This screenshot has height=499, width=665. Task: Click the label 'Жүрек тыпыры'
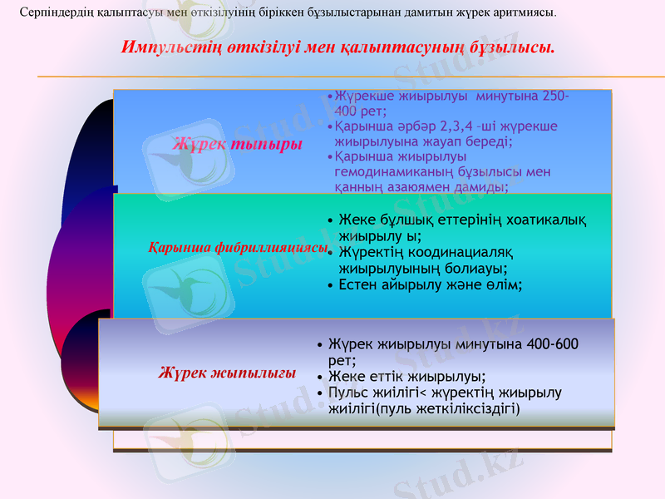236,144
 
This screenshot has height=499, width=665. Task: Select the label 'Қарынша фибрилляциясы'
238,248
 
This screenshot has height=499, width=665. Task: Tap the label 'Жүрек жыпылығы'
227,373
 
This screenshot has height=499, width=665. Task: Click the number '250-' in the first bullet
554,96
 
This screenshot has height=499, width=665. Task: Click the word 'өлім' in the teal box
507,285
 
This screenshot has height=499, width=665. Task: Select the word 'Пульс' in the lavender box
348,392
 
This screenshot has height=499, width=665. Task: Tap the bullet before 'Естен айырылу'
332,285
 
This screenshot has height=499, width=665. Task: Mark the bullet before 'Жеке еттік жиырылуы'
321,376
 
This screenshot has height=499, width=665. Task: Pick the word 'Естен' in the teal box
357,285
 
